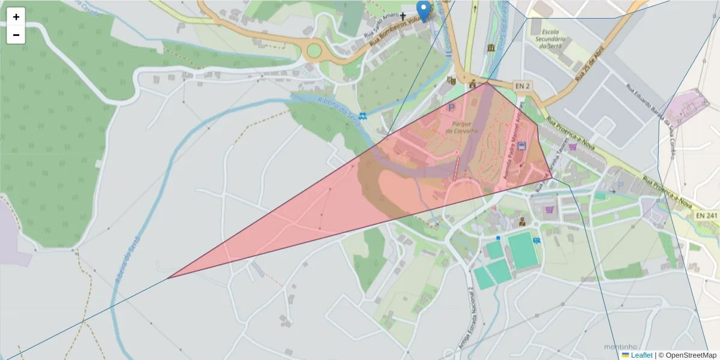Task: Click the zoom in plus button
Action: pos(16,17)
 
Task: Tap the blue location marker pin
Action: pos(424,11)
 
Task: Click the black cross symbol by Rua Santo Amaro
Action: pos(403,16)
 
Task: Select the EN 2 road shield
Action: pos(522,86)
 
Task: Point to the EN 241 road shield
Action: pos(707,215)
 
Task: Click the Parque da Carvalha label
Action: pos(461,127)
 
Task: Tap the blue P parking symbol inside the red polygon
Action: pos(451,107)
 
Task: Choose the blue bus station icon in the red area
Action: pos(521,146)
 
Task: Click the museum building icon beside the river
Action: pos(491,47)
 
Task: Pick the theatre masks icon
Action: pos(452,80)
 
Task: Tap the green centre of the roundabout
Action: pos(313,51)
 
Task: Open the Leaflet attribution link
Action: pos(641,355)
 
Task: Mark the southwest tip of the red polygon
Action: pos(168,278)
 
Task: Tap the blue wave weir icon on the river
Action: pos(363,115)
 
